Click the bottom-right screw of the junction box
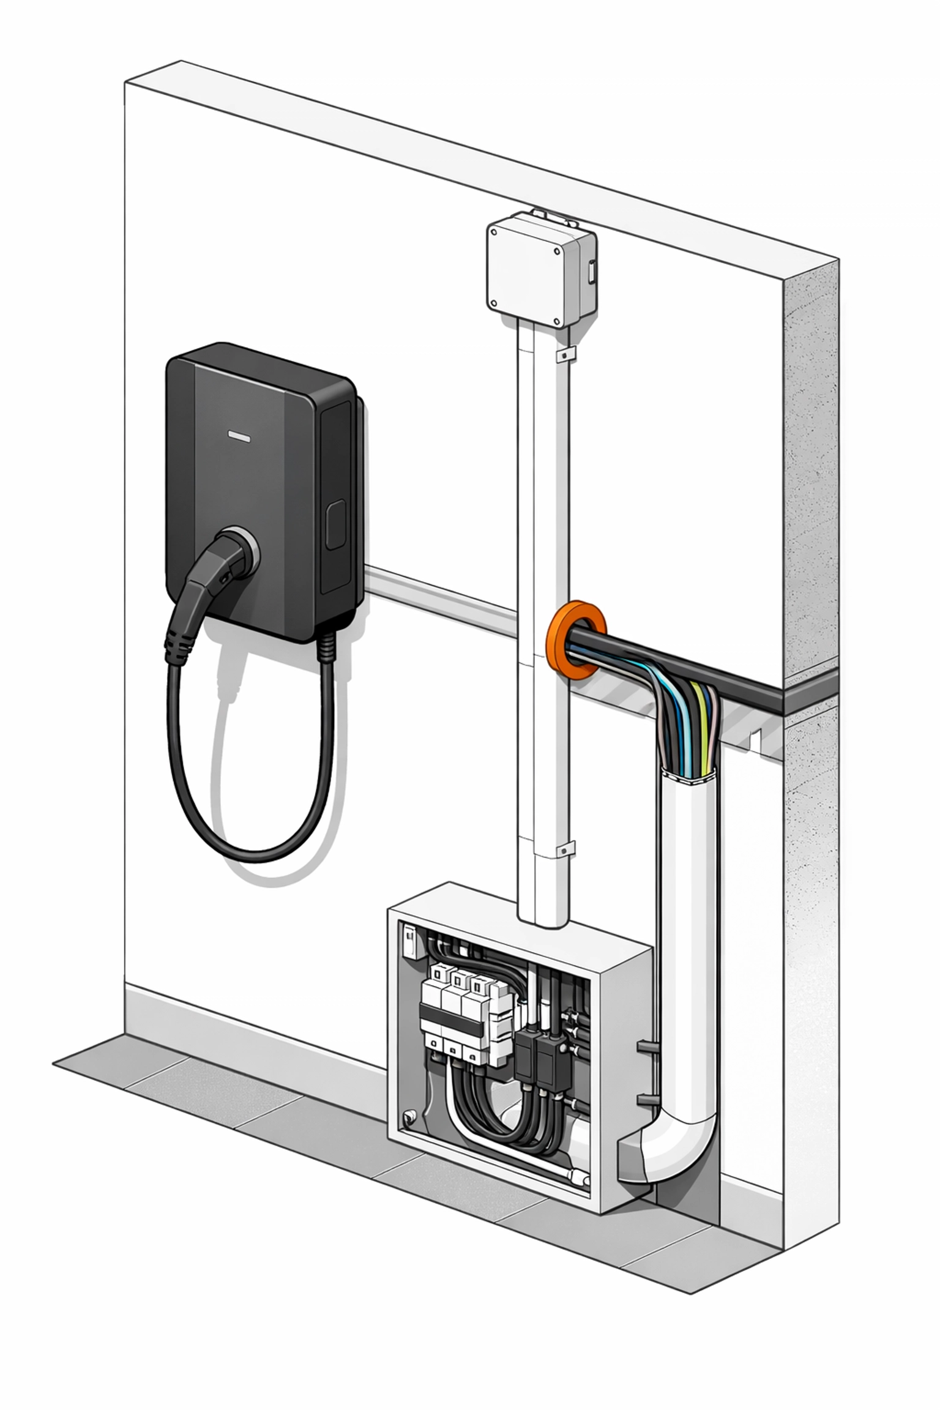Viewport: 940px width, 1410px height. [556, 321]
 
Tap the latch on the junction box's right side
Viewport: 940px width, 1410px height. [592, 271]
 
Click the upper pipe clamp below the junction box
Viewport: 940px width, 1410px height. [567, 354]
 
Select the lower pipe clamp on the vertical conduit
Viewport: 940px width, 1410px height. [566, 849]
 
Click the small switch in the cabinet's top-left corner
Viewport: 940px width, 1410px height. [409, 941]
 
